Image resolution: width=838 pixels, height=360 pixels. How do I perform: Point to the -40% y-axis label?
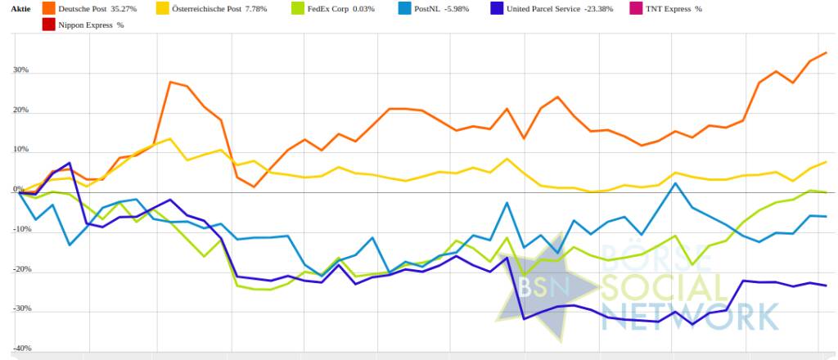pyautogui.click(x=19, y=349)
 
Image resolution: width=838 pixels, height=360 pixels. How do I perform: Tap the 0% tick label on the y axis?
pyautogui.click(x=18, y=189)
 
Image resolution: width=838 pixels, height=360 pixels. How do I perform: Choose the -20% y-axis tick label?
pyautogui.click(x=19, y=269)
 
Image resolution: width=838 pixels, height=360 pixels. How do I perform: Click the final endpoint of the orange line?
pyautogui.click(x=826, y=52)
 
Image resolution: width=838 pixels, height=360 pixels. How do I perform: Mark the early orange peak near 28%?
pyautogui.click(x=170, y=82)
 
